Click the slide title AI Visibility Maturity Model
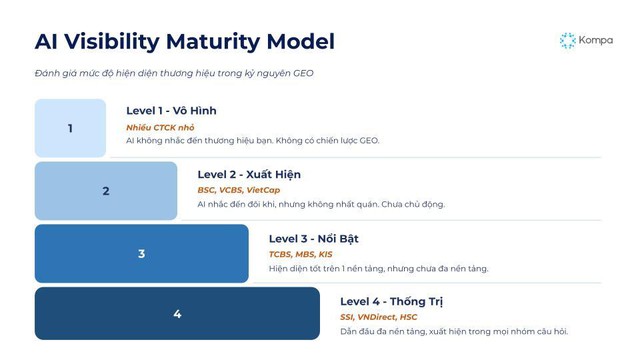(184, 42)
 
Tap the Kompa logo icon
(567, 40)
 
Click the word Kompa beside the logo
(596, 41)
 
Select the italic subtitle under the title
(174, 74)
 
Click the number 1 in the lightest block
(70, 128)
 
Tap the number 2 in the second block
(106, 191)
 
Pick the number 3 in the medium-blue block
(141, 254)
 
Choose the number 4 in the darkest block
(177, 314)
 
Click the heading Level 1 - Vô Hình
(171, 111)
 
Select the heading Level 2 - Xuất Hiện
(249, 174)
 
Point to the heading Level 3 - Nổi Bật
(313, 238)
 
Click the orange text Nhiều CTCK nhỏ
(160, 127)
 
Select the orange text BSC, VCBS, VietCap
(239, 190)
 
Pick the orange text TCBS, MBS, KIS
(301, 254)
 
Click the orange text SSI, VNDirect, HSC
(379, 317)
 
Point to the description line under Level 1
(252, 141)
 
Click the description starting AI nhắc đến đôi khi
(321, 204)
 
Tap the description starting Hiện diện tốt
(378, 268)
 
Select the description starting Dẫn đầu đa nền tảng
(454, 331)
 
